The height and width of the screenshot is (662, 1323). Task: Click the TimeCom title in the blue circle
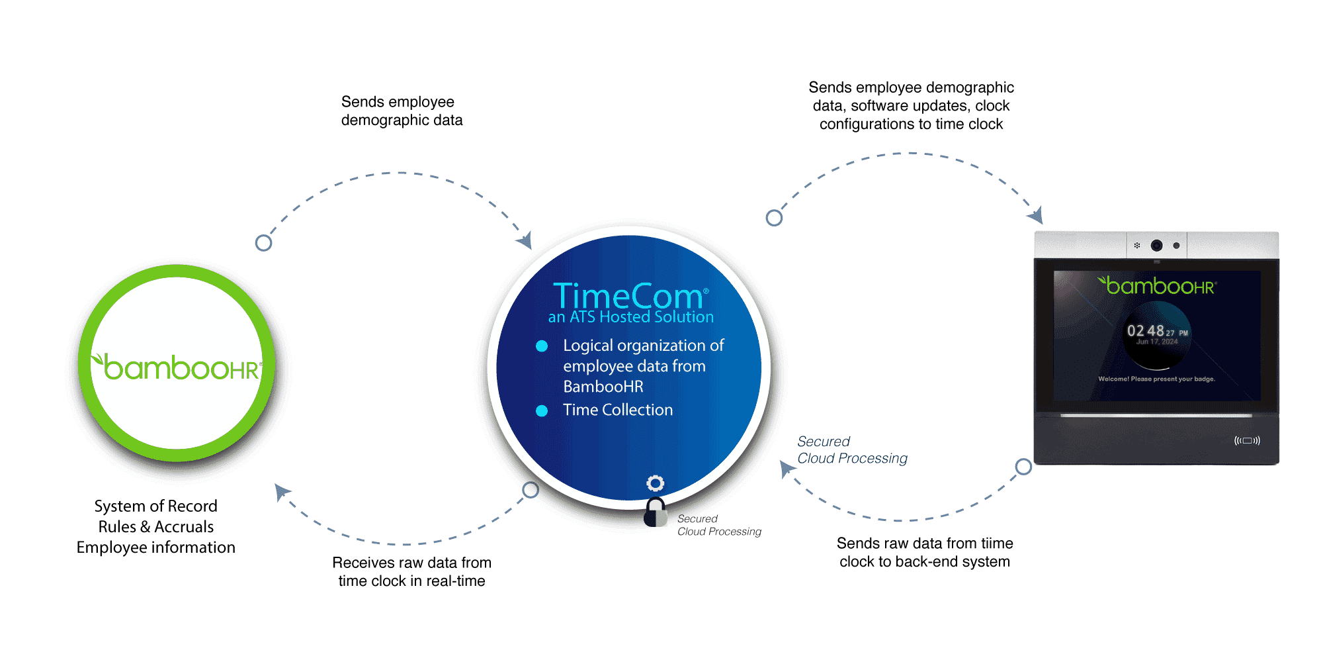tap(628, 295)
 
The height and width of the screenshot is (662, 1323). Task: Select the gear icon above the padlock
tap(655, 483)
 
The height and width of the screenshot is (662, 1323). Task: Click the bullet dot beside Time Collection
tap(542, 410)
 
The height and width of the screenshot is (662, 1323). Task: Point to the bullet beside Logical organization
tap(542, 346)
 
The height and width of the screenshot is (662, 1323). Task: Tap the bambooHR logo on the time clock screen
tap(1157, 286)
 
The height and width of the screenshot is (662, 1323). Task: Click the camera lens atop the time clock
tap(1156, 246)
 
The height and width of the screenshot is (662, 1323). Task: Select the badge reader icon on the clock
tap(1247, 440)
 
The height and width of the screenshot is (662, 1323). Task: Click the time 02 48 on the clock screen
tap(1146, 331)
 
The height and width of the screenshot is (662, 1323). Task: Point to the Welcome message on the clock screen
tap(1156, 379)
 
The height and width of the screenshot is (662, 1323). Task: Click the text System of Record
tap(156, 506)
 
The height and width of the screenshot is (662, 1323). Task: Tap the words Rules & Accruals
tap(156, 527)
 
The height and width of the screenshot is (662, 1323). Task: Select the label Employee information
tap(156, 547)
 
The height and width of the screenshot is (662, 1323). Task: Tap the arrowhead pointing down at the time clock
tap(1036, 216)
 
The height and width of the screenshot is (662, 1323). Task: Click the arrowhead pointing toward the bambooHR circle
tap(282, 491)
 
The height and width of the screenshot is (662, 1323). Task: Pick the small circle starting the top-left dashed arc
tap(263, 243)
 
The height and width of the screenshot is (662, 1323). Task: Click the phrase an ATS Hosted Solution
tap(631, 317)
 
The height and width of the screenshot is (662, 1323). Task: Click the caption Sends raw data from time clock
tap(925, 552)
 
